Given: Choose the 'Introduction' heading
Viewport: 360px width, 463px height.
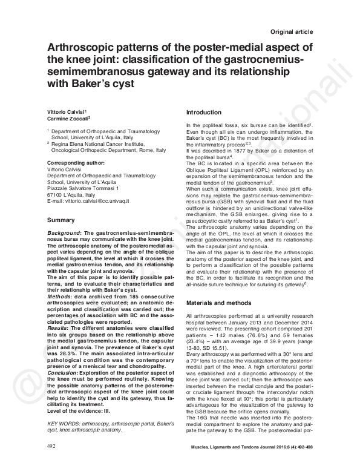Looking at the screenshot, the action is click(205, 113).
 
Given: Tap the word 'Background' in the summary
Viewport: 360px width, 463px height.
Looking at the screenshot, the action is click(65, 233).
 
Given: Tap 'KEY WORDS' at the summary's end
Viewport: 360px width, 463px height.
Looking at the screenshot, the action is click(62, 425).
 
